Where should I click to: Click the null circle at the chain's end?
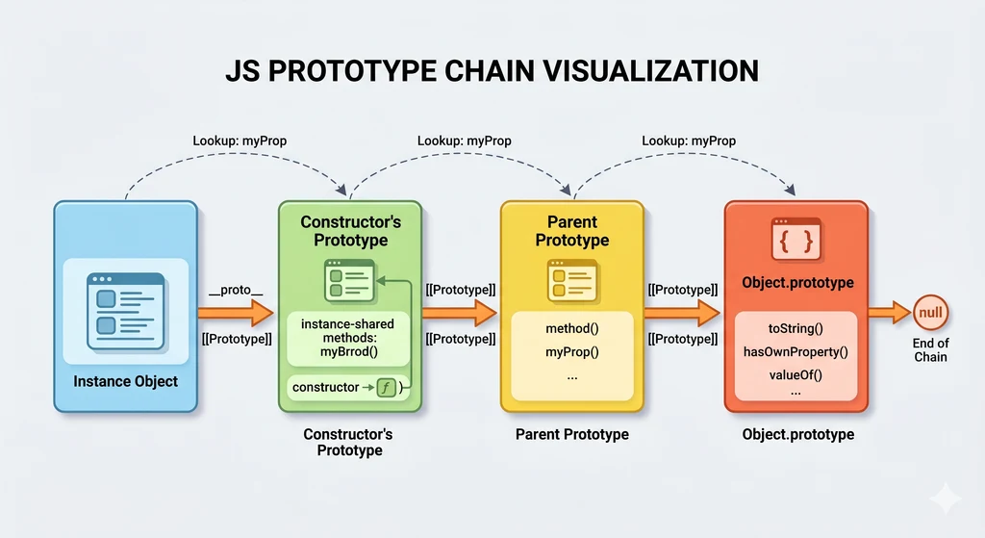[x=930, y=313]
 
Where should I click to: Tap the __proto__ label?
[x=236, y=290]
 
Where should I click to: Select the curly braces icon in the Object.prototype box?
[x=797, y=241]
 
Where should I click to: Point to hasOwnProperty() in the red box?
[x=797, y=352]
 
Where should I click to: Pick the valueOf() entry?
[x=797, y=375]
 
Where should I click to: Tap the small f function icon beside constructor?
[x=386, y=388]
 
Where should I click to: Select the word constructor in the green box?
[x=324, y=388]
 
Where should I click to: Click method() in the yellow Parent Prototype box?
[x=571, y=328]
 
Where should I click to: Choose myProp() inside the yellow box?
[x=571, y=352]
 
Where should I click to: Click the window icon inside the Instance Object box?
[x=125, y=310]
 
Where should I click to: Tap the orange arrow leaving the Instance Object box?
[x=237, y=313]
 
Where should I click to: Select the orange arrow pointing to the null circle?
[x=890, y=313]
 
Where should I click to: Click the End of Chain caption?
[x=930, y=350]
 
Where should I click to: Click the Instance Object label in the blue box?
[x=125, y=381]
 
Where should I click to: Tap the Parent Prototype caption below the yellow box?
[x=571, y=434]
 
